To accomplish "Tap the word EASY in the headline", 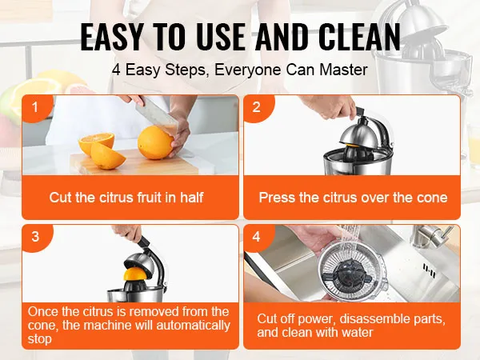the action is click(112, 37).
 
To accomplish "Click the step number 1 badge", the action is click(35, 107).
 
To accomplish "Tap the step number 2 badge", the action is click(257, 107).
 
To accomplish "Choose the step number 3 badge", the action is click(35, 237).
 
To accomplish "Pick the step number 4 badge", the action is click(257, 237).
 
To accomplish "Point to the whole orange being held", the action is click(155, 142).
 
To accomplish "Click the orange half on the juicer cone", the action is click(137, 274).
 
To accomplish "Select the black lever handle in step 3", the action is click(143, 241).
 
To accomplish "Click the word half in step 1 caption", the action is click(192, 198).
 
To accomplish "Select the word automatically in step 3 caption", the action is click(193, 326).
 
